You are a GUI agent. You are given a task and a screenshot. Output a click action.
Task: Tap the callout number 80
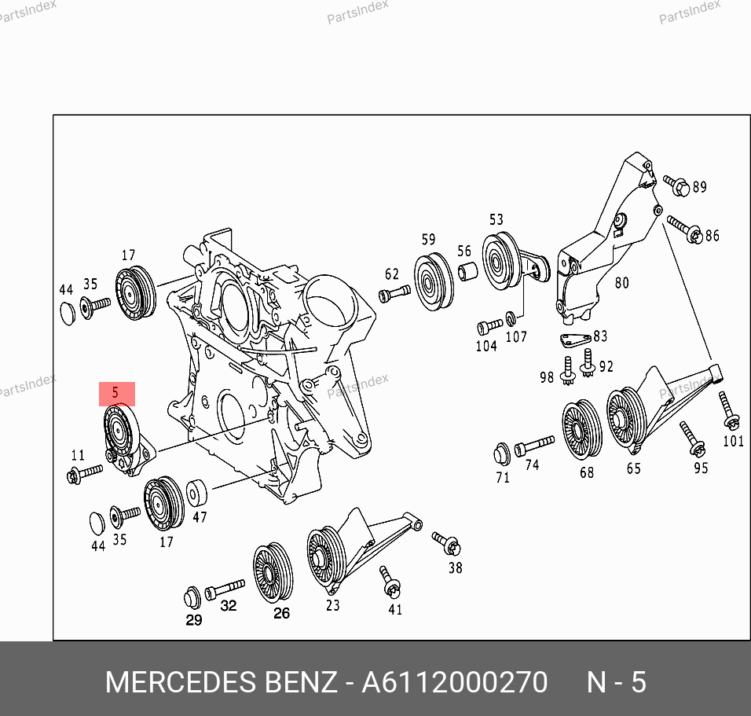click(x=621, y=283)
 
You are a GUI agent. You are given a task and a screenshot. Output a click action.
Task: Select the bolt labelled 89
click(x=676, y=185)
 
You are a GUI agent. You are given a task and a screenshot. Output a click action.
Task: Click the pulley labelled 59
click(x=434, y=282)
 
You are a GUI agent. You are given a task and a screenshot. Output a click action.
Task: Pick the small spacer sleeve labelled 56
click(x=467, y=271)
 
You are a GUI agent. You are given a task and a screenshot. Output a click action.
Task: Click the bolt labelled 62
click(x=394, y=293)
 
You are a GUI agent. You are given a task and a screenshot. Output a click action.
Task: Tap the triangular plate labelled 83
click(x=575, y=340)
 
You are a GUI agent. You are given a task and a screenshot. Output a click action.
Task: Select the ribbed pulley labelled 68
click(x=582, y=429)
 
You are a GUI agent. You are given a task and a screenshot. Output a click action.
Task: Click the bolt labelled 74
click(x=534, y=446)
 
